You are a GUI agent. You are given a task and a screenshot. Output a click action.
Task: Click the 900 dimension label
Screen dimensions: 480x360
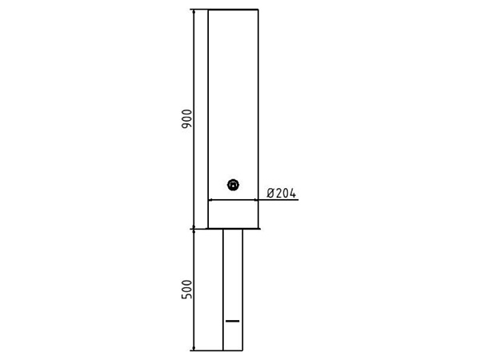click(186, 118)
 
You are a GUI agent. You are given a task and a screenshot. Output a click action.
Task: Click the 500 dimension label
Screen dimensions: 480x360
click(186, 290)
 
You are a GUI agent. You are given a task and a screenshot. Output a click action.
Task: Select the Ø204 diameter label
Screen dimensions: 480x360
click(282, 193)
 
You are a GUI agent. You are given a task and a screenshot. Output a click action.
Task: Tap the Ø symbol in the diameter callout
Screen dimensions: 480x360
click(270, 193)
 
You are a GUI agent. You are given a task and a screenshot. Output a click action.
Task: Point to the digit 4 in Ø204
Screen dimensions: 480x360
click(293, 193)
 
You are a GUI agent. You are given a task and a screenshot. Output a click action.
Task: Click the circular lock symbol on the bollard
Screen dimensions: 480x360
click(234, 185)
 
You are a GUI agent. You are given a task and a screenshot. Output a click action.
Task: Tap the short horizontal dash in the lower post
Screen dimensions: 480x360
click(233, 321)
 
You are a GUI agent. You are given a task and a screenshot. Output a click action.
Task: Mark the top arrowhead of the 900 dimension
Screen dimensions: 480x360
click(194, 12)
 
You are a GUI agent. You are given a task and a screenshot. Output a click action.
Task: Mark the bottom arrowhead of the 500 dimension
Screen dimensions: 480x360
click(194, 348)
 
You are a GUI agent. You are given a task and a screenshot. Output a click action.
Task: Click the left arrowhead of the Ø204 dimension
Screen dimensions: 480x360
click(210, 200)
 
